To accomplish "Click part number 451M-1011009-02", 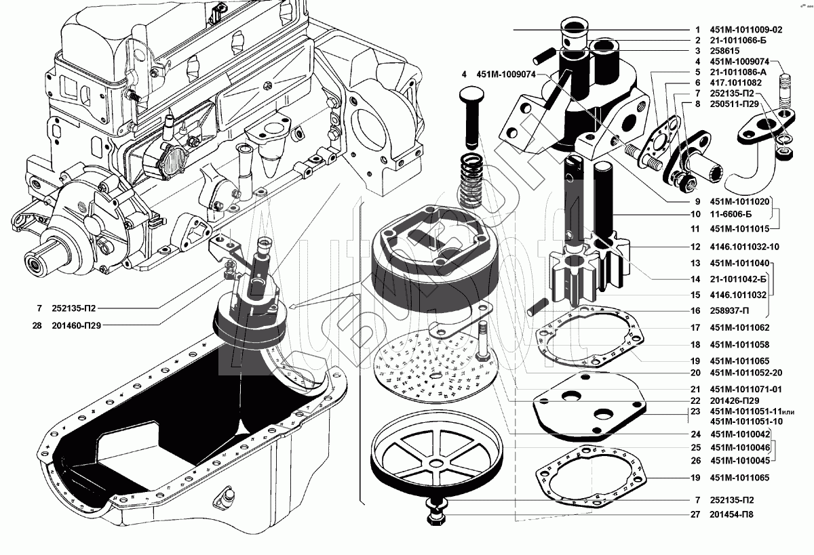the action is [x=745, y=30].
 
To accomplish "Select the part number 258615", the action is [x=724, y=51].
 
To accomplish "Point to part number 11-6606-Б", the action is [x=731, y=214].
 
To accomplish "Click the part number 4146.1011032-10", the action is [x=744, y=247].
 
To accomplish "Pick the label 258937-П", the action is [x=729, y=311].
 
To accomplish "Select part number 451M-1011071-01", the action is [x=745, y=389].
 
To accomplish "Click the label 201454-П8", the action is [x=731, y=514].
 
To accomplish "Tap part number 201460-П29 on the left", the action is [x=76, y=325].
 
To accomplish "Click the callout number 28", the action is [x=37, y=325].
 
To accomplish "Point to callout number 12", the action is [x=695, y=247].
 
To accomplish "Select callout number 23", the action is [x=695, y=411].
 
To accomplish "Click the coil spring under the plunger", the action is [x=471, y=180].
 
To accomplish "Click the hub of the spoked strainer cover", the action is [x=435, y=463].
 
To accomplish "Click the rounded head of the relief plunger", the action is [x=471, y=96].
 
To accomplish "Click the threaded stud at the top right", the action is [x=785, y=94].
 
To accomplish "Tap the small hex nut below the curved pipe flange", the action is [x=784, y=152].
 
